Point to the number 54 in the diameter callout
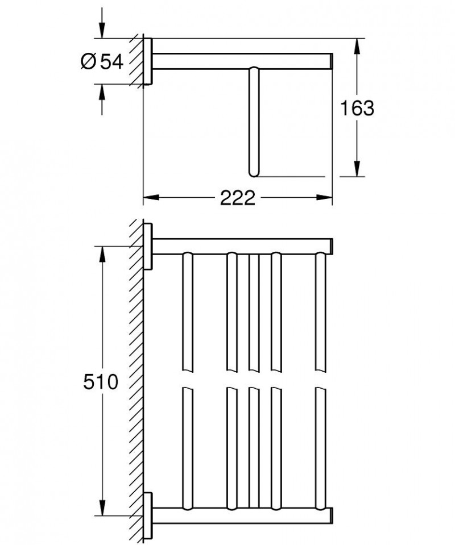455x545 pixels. pyautogui.click(x=111, y=62)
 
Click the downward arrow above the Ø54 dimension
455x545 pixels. pyautogui.click(x=102, y=31)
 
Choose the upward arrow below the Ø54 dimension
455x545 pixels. pyautogui.click(x=102, y=92)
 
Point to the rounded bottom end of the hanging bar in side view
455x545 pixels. pyautogui.click(x=253, y=172)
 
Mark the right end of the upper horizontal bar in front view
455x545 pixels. pyautogui.click(x=329, y=246)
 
